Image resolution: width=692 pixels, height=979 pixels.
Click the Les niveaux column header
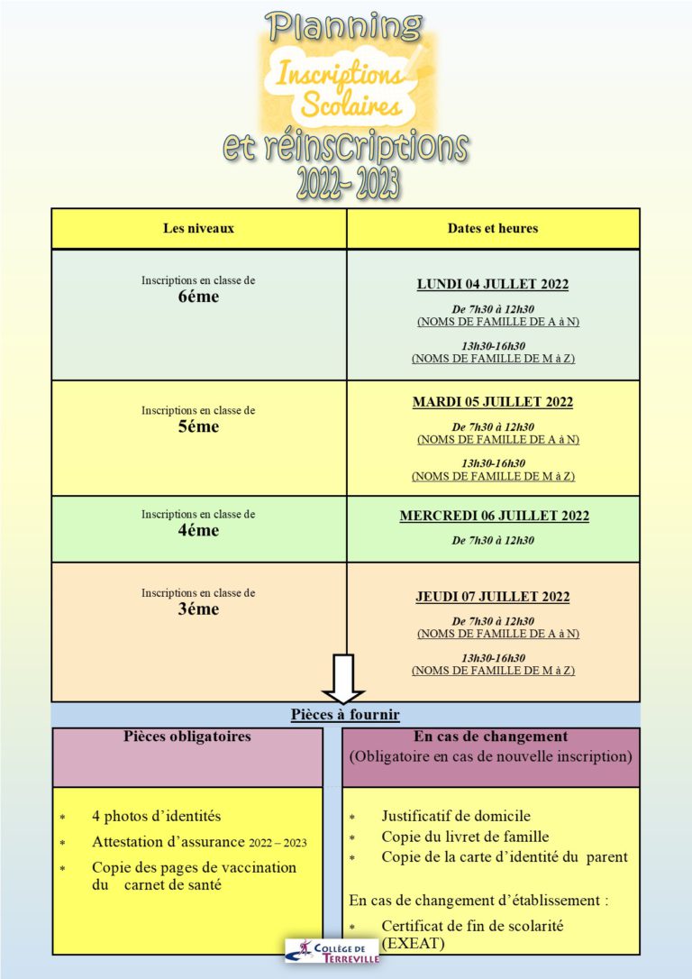click(x=198, y=228)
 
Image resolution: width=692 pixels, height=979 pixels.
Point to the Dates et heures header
click(x=492, y=228)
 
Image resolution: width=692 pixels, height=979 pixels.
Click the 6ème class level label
click(x=198, y=297)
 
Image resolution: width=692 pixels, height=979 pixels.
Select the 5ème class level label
click(x=198, y=427)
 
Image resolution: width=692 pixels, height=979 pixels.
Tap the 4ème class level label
click(x=198, y=531)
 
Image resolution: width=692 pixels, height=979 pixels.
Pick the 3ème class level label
click(x=198, y=609)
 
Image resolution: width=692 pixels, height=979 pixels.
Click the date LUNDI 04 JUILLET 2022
click(x=492, y=285)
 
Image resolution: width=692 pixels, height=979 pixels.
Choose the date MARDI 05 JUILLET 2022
click(x=492, y=402)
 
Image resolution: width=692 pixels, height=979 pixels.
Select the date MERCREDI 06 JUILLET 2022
click(x=494, y=517)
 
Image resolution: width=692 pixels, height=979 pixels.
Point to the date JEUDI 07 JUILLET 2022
click(x=492, y=597)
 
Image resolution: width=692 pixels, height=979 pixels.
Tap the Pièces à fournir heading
click(x=345, y=716)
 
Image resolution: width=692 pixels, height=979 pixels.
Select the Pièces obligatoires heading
click(x=187, y=737)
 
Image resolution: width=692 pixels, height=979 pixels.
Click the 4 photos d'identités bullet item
click(x=156, y=816)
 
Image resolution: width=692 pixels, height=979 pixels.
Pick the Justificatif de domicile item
click(x=456, y=816)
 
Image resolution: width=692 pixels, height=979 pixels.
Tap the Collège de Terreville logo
click(x=332, y=950)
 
